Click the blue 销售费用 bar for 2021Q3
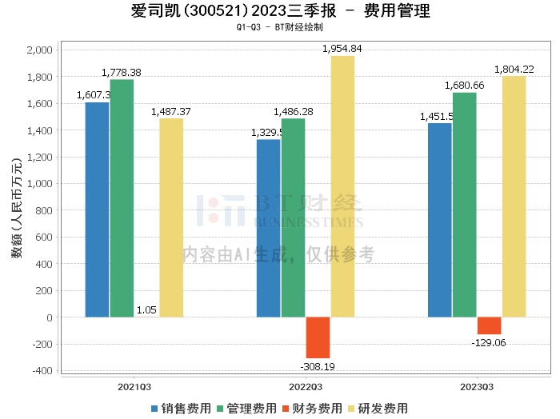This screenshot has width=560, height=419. point(97,209)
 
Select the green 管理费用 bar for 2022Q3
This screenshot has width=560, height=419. point(294,217)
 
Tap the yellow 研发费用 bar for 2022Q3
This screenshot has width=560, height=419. point(342,186)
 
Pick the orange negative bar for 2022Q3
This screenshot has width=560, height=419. point(318,337)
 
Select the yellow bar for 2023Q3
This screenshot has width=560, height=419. point(514,197)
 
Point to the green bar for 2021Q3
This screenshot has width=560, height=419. point(122,198)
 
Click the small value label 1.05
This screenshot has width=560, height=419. point(146,309)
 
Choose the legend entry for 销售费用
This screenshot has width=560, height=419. point(181,408)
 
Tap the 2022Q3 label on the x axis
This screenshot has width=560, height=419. point(306,385)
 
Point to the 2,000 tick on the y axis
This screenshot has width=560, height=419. point(39,50)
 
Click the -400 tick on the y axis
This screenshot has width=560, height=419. point(42,371)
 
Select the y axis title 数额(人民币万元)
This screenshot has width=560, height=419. point(16,210)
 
